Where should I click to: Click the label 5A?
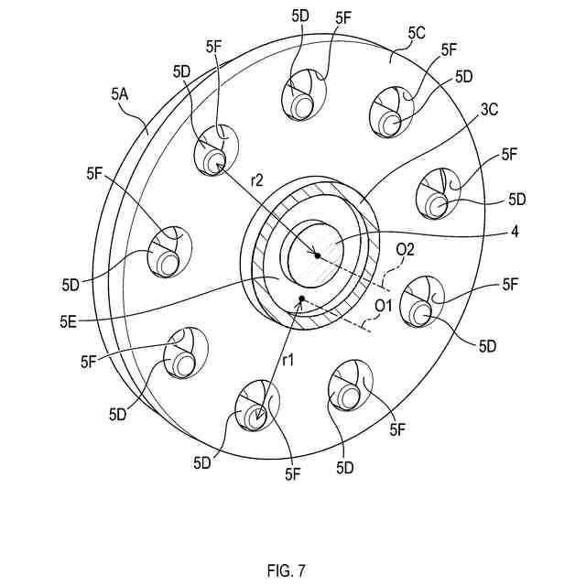pos(121,93)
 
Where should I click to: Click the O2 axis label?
pos(405,249)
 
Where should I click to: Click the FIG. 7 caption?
pos(287,569)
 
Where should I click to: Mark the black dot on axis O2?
pos(317,255)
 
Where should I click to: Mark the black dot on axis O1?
pos(301,298)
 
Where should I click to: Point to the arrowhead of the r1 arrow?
pos(261,418)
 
